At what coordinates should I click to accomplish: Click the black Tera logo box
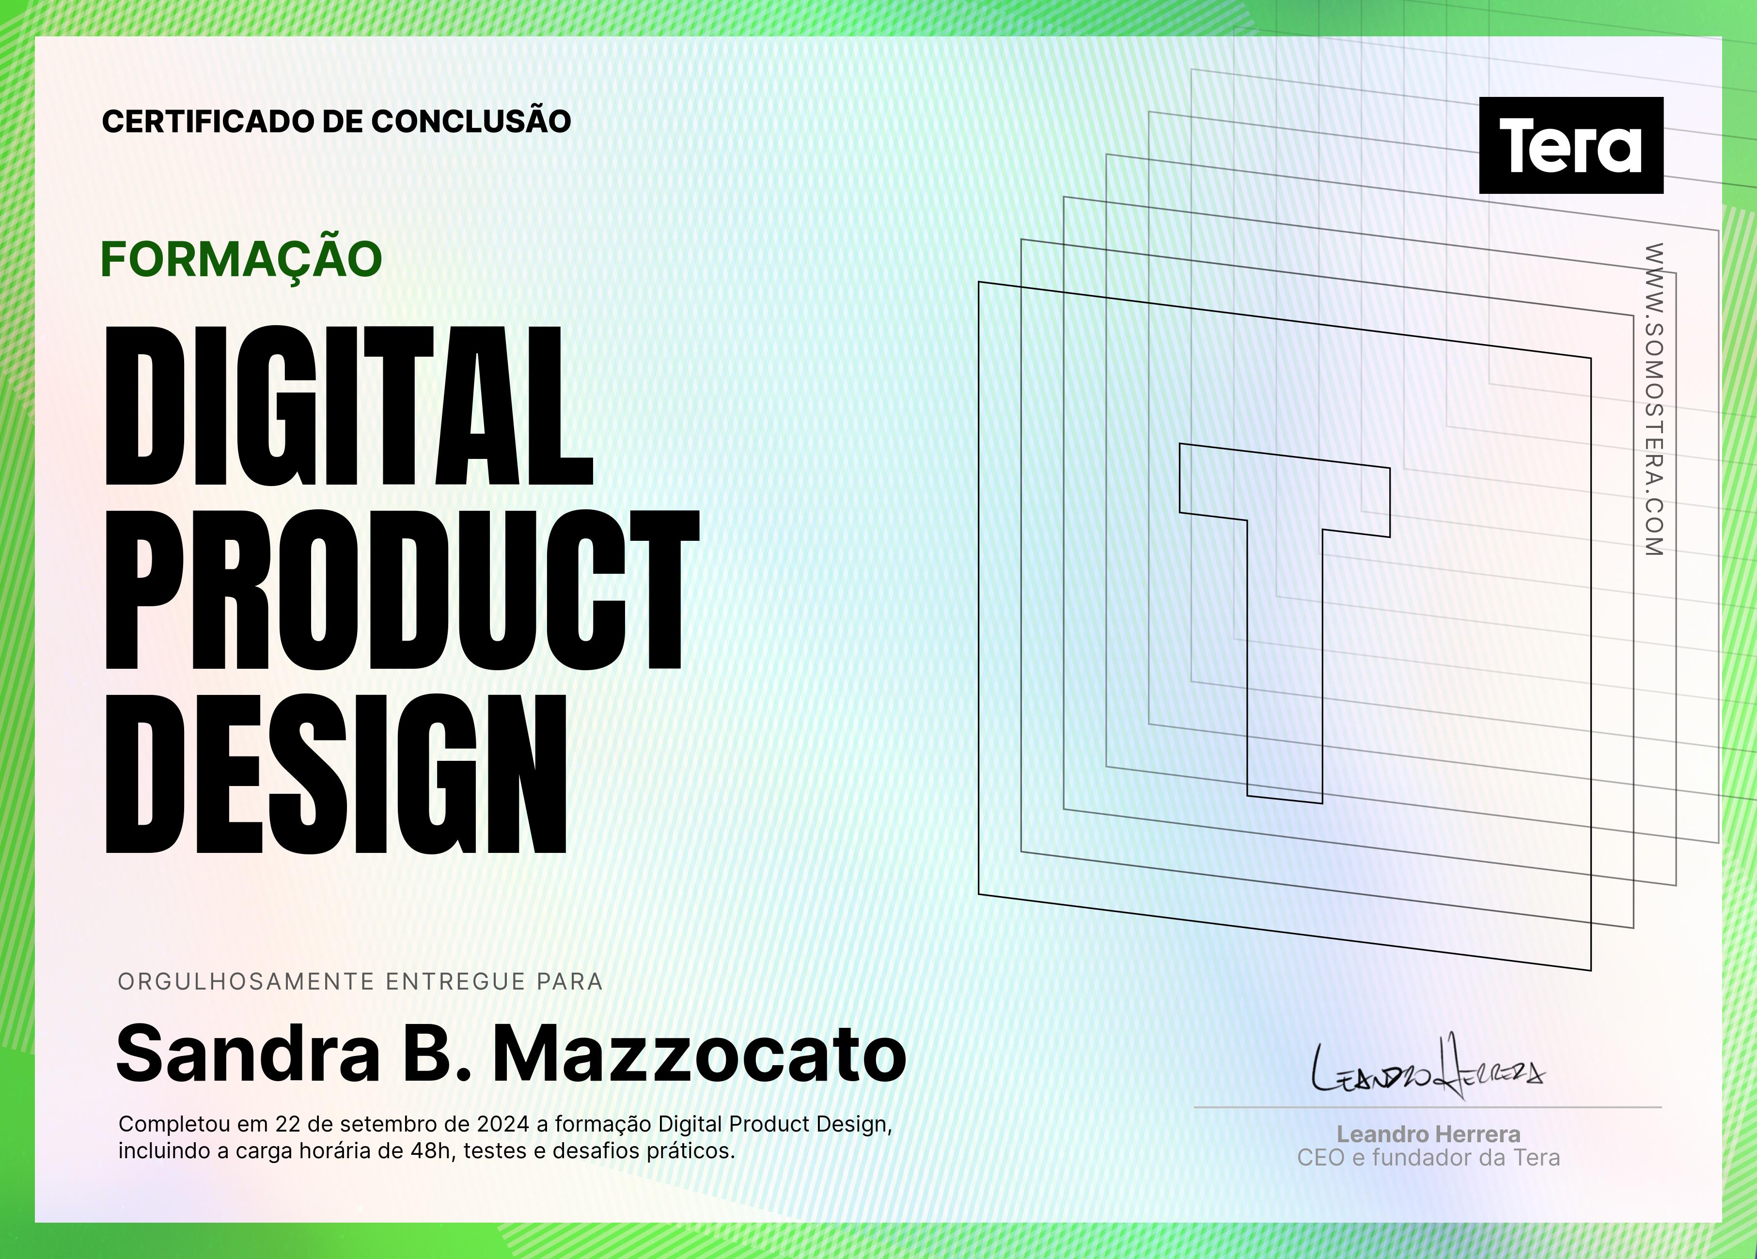(x=1571, y=145)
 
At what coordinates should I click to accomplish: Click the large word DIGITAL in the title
(x=348, y=406)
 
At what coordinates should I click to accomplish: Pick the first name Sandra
(x=248, y=1054)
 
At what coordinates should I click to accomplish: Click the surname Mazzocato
(x=700, y=1054)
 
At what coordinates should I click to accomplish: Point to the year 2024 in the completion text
(x=503, y=1124)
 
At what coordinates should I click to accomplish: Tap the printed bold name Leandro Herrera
(x=1428, y=1134)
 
